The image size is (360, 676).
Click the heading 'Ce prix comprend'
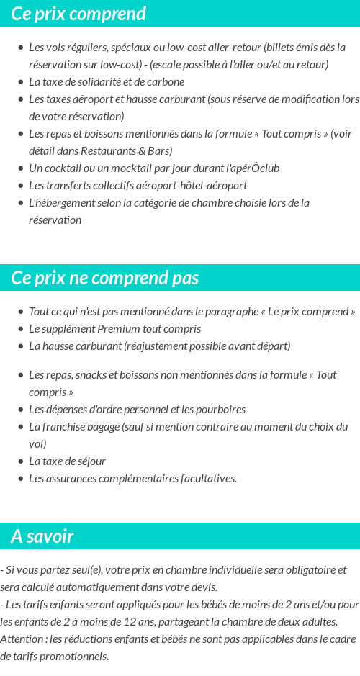point(78,14)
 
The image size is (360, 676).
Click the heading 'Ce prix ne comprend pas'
point(105,278)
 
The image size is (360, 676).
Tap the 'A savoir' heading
point(42,536)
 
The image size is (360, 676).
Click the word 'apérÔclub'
point(253,168)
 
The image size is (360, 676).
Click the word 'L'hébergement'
point(61,202)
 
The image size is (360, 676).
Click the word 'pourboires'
point(220,409)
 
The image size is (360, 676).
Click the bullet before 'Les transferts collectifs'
point(20,186)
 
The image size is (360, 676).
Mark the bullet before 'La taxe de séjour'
point(20,461)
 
